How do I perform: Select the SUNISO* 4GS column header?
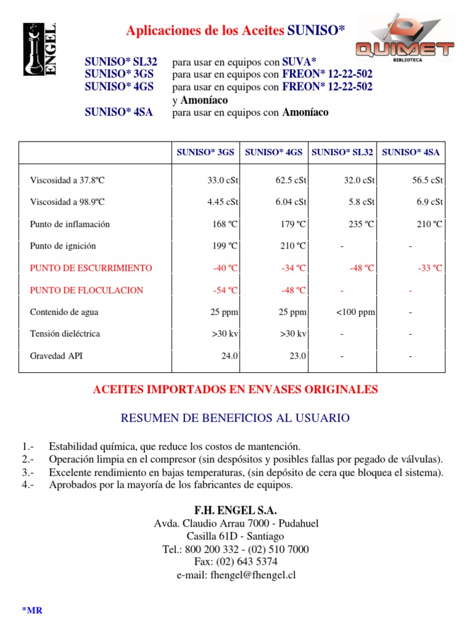pos(273,153)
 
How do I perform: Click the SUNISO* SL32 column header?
pos(342,153)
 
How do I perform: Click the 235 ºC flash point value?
pos(361,225)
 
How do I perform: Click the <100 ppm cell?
pos(355,313)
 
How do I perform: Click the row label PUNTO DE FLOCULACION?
pos(87,290)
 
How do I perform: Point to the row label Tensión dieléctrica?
pos(65,334)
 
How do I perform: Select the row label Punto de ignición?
pos(63,246)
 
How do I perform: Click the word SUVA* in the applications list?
pos(299,62)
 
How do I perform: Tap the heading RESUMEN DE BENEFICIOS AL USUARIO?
pos(235,418)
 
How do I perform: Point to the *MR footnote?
pos(32,610)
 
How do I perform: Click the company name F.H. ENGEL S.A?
pos(235,511)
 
